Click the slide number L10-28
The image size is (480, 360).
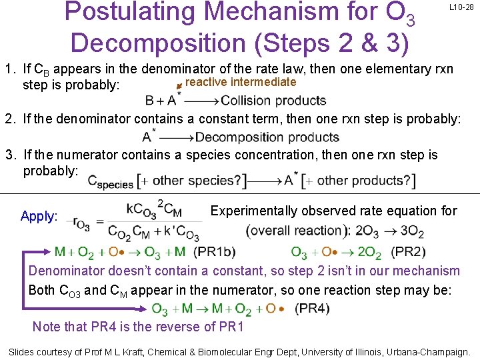pyautogui.click(x=461, y=7)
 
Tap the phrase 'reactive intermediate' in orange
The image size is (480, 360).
pyautogui.click(x=240, y=82)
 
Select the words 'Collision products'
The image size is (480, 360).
pyautogui.click(x=273, y=101)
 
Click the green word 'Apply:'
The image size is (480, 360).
pyautogui.click(x=39, y=216)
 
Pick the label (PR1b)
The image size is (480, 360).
pyautogui.click(x=215, y=252)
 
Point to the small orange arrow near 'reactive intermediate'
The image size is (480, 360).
pyautogui.click(x=178, y=85)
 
